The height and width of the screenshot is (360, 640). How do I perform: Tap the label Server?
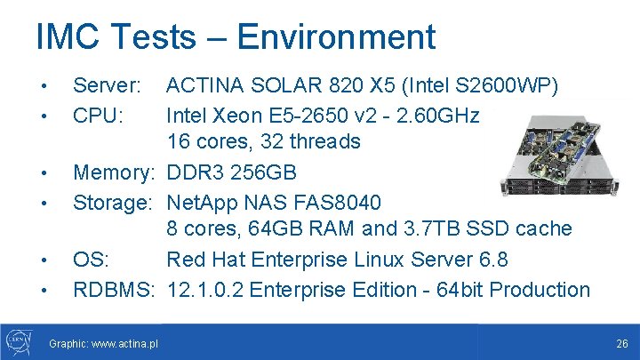[x=107, y=86]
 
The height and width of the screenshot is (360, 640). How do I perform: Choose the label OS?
[x=92, y=260]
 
